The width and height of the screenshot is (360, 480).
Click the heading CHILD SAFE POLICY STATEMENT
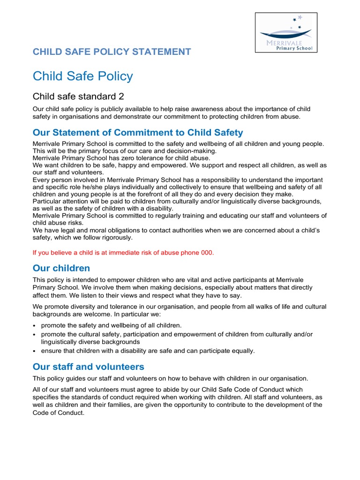112,52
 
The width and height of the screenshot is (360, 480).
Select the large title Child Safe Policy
82,76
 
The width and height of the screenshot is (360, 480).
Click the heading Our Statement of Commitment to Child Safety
138,133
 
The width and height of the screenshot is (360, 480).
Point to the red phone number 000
207,253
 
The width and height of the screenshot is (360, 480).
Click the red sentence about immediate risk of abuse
123,253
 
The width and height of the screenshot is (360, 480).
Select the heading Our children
61,268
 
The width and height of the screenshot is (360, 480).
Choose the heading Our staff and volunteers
88,367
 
